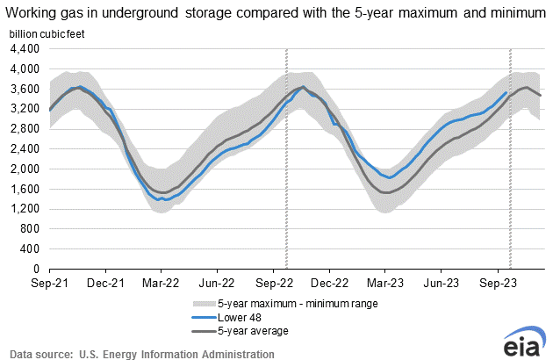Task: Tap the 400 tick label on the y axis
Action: [32, 249]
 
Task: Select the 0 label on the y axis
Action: [39, 270]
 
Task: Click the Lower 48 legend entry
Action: [218, 317]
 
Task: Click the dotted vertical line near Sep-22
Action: [287, 158]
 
